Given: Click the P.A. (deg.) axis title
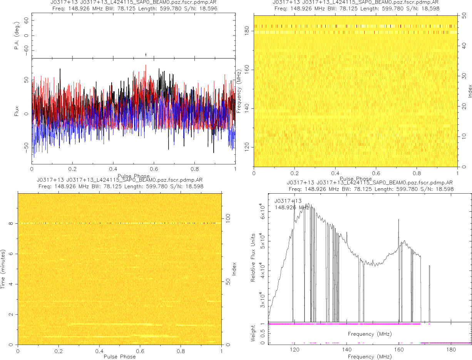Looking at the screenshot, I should pyautogui.click(x=17, y=36).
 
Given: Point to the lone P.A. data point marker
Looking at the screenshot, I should pyautogui.click(x=146, y=55).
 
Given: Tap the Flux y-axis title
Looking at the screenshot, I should pyautogui.click(x=17, y=111).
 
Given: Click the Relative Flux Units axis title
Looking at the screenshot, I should pyautogui.click(x=253, y=257).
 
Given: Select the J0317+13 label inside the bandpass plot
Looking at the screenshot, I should pyautogui.click(x=288, y=201).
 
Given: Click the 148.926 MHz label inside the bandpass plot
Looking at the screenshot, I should pyautogui.click(x=292, y=208).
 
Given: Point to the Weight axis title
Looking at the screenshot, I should pyautogui.click(x=253, y=333).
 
